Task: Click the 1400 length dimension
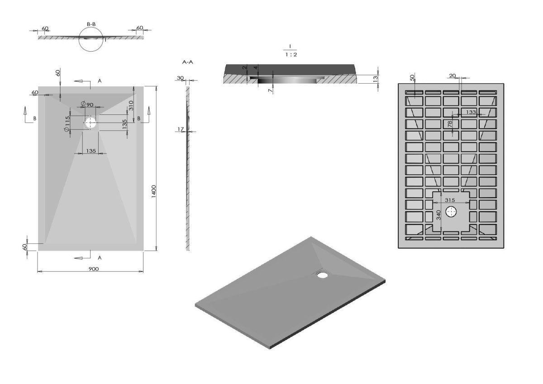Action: click(x=154, y=191)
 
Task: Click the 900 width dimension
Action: click(x=94, y=269)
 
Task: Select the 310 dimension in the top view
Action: click(x=131, y=105)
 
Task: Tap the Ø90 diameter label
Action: click(x=87, y=104)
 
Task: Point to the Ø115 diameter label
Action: click(x=67, y=124)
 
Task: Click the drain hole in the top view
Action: click(x=90, y=123)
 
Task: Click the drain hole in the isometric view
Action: click(x=322, y=275)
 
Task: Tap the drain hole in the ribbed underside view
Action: click(x=451, y=212)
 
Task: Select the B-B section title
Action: click(x=91, y=24)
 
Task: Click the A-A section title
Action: click(x=188, y=62)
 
